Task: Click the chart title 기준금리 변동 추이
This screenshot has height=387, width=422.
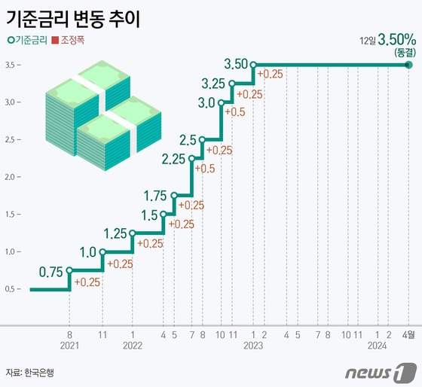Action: tap(73, 20)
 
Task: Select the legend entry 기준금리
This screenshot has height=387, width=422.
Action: tap(27, 41)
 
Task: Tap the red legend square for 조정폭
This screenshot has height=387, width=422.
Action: tap(55, 41)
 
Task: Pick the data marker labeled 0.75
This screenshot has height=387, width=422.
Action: tap(69, 270)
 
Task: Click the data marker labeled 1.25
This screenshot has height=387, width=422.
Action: tap(132, 233)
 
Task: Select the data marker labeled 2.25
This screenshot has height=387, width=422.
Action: tap(191, 158)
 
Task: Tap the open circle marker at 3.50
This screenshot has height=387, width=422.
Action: tap(253, 65)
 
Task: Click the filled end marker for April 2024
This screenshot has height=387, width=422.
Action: tap(408, 65)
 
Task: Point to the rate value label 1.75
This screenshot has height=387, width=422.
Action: tap(155, 196)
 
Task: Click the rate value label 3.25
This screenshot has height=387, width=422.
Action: tap(213, 84)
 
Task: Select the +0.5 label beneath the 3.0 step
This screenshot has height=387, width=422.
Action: tap(235, 112)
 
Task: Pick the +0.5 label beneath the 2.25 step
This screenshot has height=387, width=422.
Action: tap(205, 169)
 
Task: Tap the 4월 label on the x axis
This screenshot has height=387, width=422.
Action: tap(408, 335)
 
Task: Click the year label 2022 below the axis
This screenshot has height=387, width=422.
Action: tap(133, 346)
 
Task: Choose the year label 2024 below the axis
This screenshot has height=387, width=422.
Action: tap(377, 346)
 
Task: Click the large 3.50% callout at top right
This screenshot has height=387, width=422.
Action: tap(397, 40)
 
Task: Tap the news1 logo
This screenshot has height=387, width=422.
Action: tap(381, 373)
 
